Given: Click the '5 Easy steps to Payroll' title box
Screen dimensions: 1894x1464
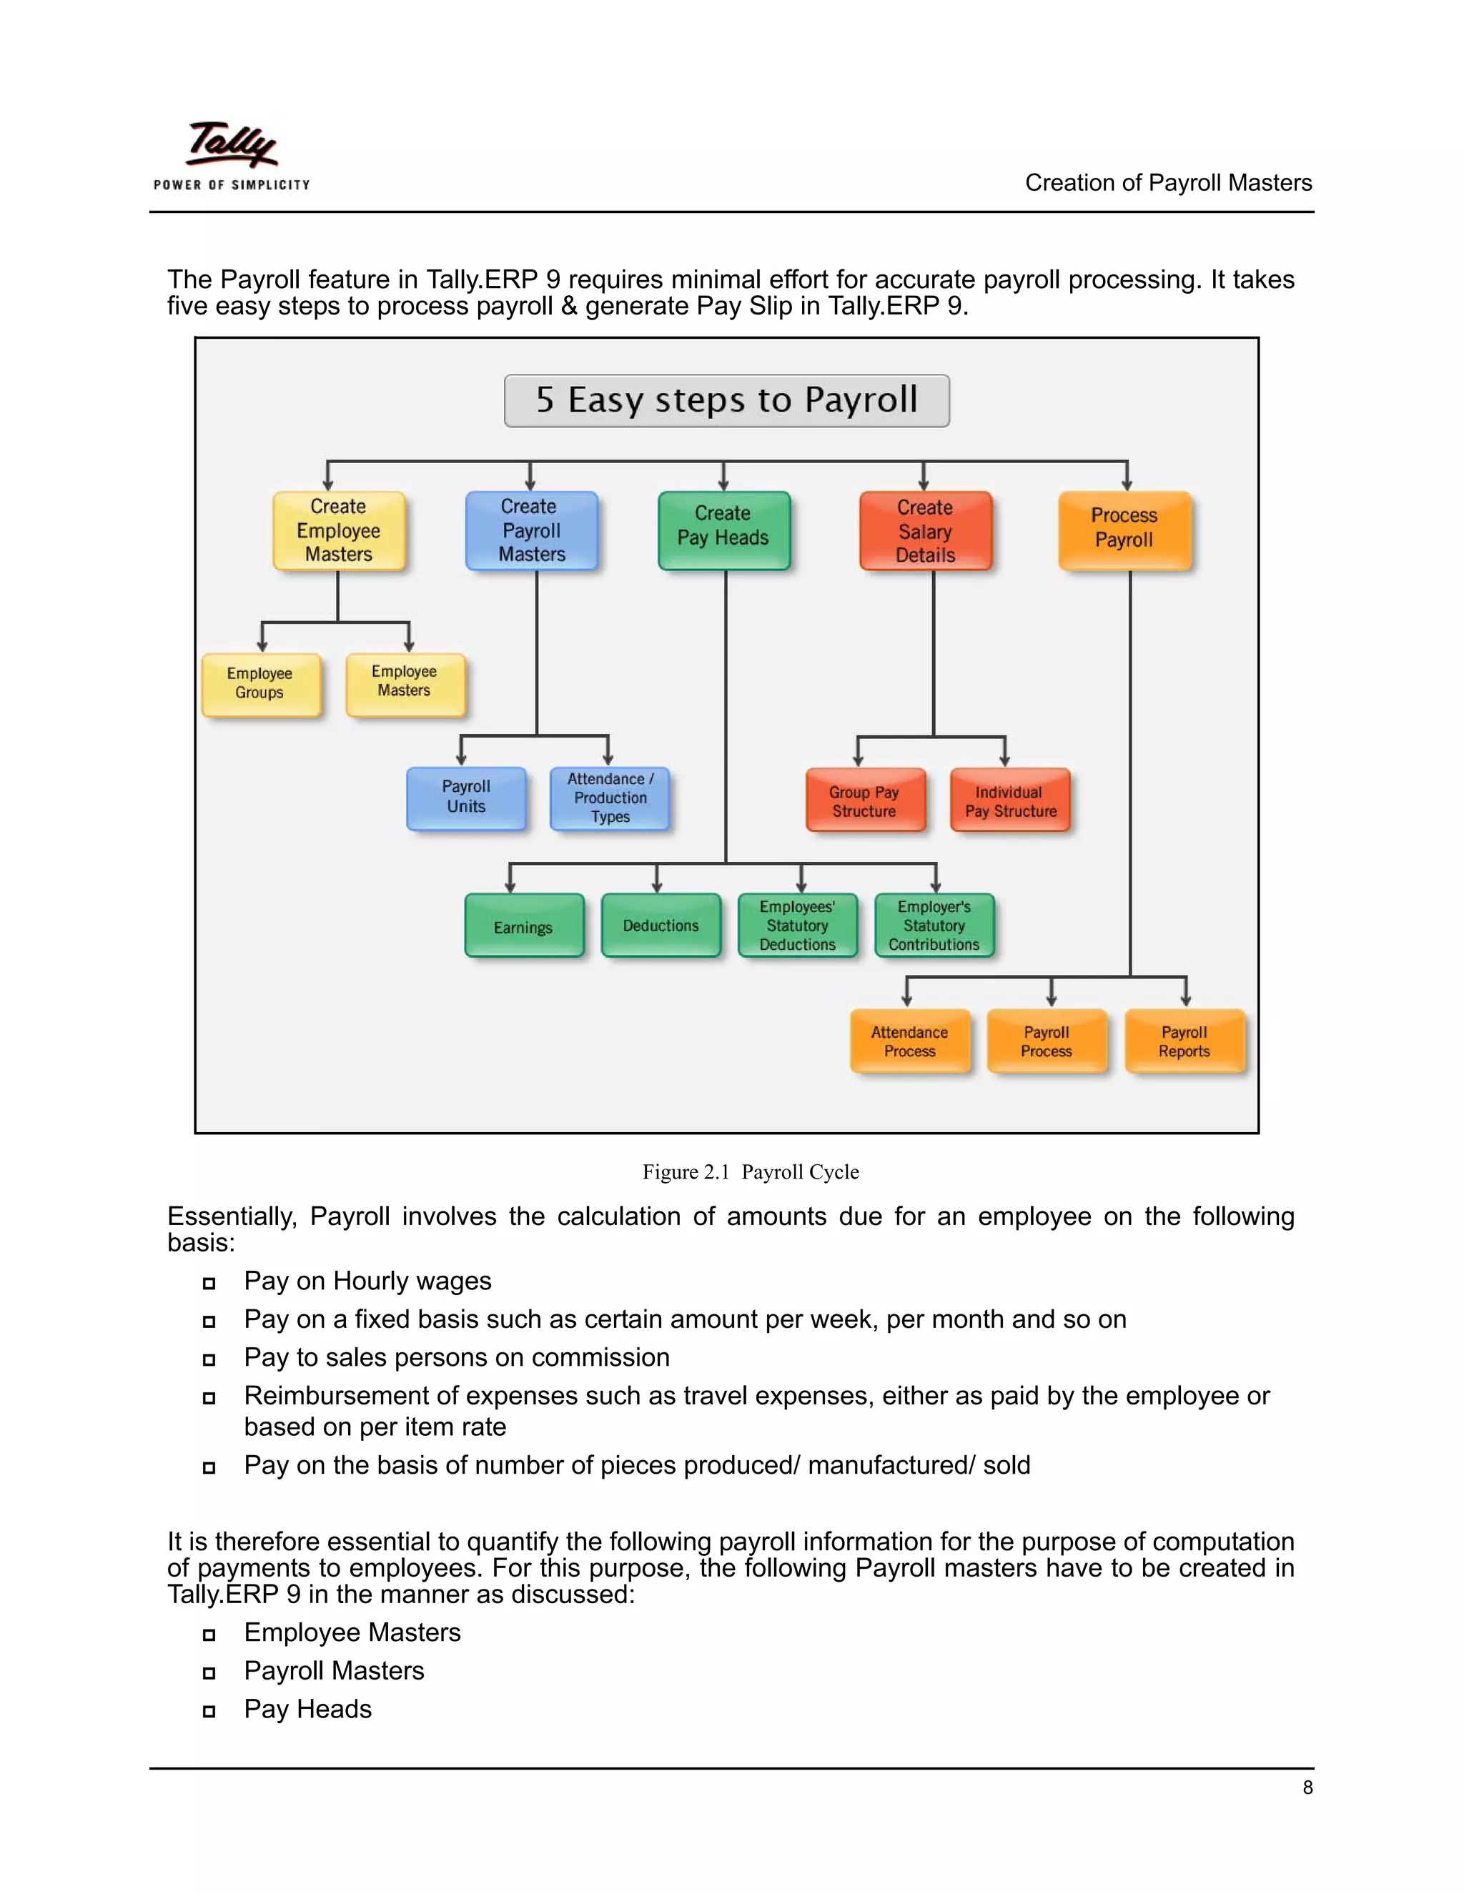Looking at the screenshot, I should pos(727,401).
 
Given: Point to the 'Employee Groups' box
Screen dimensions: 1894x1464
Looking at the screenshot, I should pos(260,683).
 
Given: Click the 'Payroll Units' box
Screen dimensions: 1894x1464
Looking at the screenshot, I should pos(466,797).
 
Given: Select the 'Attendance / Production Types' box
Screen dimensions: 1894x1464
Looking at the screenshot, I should pos(610,798).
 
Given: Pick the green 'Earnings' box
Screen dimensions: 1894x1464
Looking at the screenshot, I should pos(523,926).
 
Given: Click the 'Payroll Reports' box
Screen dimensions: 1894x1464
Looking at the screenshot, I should pos(1184,1041).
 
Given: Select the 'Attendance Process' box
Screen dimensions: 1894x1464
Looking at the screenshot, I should pos(909,1041).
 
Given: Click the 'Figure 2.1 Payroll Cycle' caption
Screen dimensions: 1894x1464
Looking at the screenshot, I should pos(750,1172).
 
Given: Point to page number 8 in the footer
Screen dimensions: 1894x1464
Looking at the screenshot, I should pos(1307,1788).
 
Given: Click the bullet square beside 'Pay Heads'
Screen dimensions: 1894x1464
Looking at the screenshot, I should pos(209,1711).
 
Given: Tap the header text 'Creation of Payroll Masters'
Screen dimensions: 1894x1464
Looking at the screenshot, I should pos(1167,183).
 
